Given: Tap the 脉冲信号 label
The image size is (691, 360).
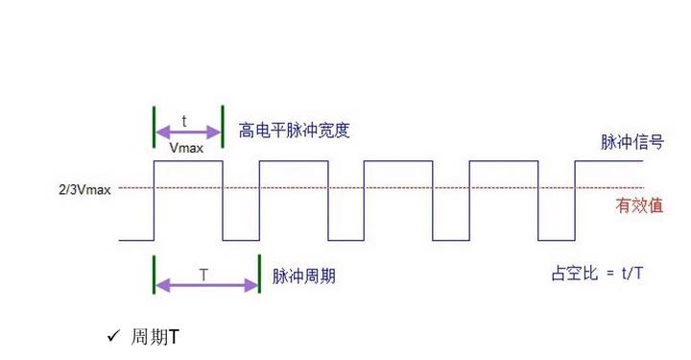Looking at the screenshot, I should click(x=631, y=143).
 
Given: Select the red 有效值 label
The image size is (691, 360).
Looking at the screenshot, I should click(x=638, y=204).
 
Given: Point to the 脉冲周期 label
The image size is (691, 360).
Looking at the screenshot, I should click(x=304, y=276).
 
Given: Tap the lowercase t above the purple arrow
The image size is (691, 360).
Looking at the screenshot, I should click(x=184, y=122).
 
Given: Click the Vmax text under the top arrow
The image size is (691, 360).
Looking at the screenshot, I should click(x=185, y=149).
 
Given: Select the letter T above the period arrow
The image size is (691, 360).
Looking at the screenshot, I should click(x=203, y=275).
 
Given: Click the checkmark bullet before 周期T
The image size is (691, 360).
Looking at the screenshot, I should click(x=112, y=337).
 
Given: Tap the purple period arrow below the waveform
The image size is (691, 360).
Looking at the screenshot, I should click(x=206, y=285).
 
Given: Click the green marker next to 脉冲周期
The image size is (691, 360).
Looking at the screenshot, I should click(x=259, y=274).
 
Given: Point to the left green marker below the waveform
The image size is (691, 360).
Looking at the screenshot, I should click(x=154, y=274).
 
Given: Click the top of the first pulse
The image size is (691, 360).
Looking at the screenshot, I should click(x=188, y=161).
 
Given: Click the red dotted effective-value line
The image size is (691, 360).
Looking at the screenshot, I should click(x=384, y=189).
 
